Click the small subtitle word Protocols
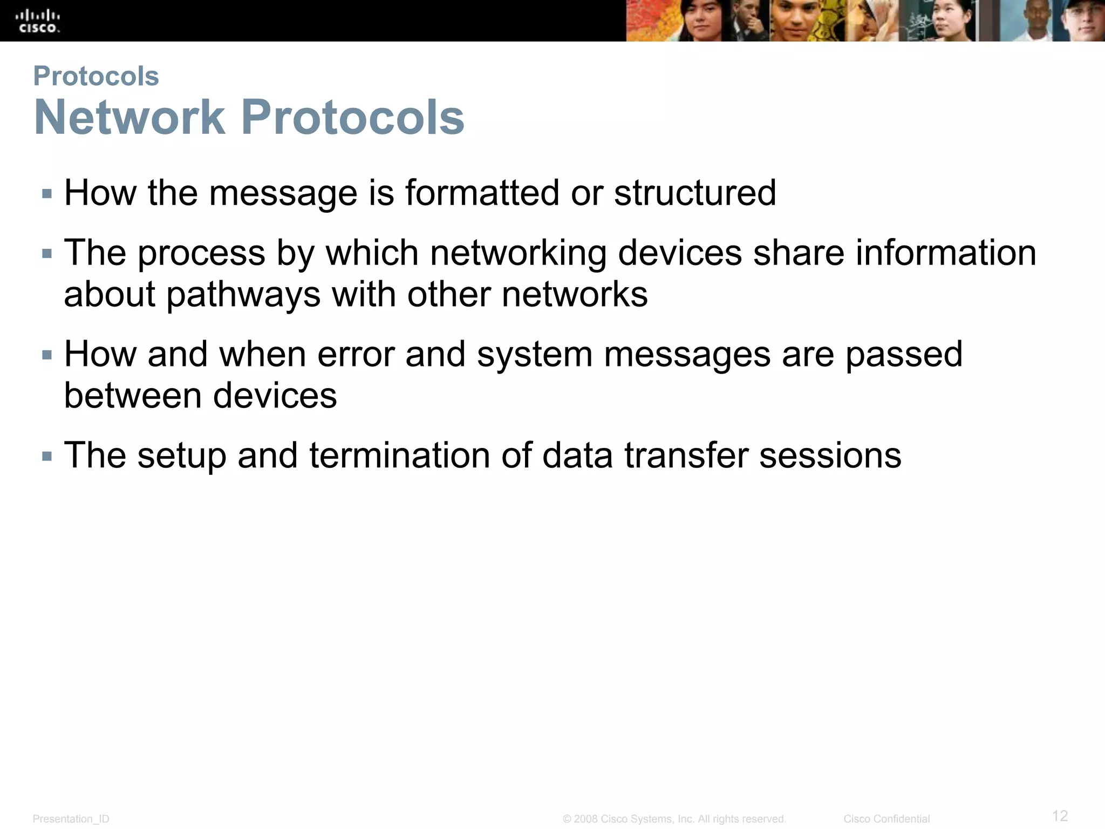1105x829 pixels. click(96, 76)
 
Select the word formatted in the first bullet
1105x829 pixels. click(482, 193)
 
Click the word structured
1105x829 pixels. click(695, 193)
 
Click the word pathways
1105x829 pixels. click(243, 295)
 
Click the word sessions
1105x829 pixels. click(830, 456)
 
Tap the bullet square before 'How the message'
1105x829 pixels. click(47, 194)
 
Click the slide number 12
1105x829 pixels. click(1060, 815)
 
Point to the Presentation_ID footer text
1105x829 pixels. click(71, 819)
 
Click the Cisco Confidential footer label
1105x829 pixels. click(886, 819)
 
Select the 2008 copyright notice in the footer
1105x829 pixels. click(674, 819)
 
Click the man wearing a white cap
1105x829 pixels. click(1082, 22)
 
